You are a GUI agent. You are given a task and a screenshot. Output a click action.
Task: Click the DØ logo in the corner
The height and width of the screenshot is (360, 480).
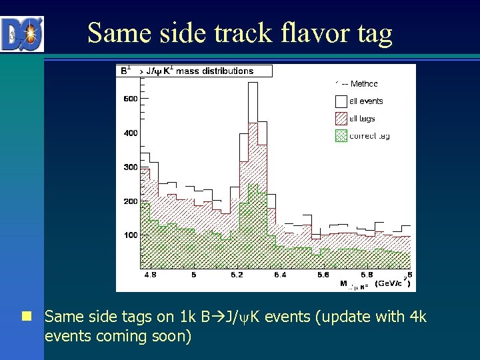(x=23, y=34)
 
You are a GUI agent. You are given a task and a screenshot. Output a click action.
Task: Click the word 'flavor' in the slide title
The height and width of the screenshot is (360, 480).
(x=314, y=33)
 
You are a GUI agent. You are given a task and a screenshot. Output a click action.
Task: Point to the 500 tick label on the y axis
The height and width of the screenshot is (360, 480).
(x=130, y=99)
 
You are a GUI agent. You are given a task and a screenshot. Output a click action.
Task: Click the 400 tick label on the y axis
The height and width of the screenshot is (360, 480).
(x=130, y=133)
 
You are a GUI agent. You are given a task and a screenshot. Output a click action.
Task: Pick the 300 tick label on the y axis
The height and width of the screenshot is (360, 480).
(x=130, y=167)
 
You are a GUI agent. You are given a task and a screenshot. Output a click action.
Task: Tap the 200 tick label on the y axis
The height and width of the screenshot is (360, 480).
(x=130, y=201)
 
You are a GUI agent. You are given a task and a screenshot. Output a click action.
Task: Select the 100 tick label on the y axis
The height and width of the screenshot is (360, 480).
(x=130, y=235)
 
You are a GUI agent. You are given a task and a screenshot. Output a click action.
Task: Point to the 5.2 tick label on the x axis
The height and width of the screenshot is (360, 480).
(x=237, y=274)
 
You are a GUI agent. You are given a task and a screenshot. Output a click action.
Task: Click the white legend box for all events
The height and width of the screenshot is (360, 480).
(x=341, y=101)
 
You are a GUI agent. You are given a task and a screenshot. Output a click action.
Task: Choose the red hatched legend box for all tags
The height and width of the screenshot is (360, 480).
(x=341, y=119)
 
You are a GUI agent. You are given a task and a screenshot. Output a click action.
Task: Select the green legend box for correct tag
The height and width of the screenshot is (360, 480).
(x=341, y=136)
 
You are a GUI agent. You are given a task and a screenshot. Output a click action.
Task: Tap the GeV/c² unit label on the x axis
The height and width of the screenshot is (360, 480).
(x=391, y=283)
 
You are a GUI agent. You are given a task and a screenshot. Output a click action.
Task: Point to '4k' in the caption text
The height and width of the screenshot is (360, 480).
(x=415, y=317)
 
